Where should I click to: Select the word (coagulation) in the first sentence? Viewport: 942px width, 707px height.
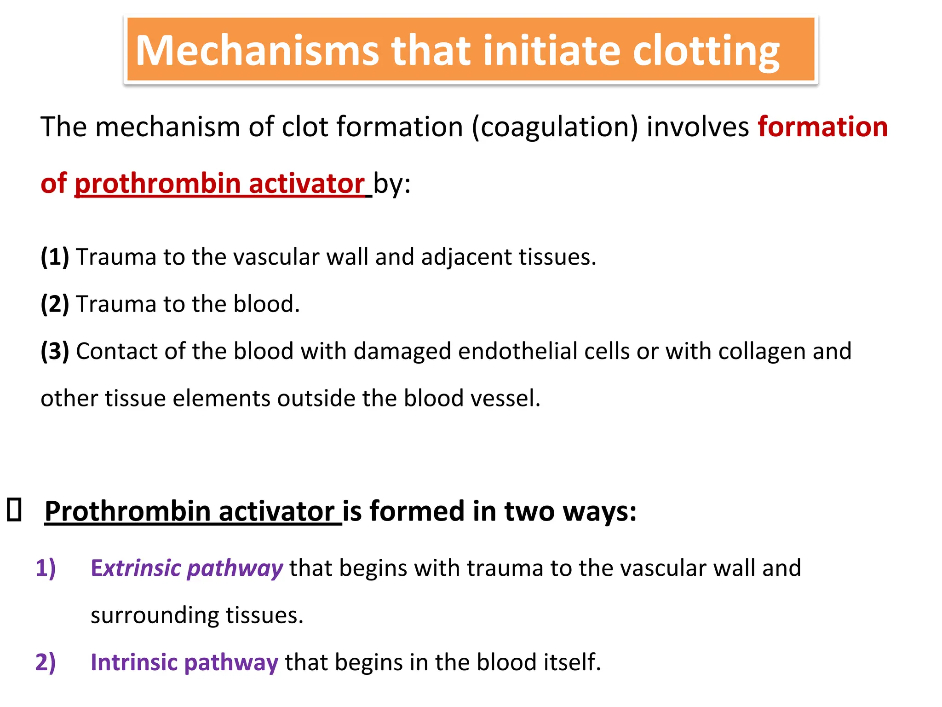[x=555, y=127]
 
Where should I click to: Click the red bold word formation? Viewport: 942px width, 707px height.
[x=822, y=127]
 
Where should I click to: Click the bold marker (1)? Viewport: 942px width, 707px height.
[x=55, y=257]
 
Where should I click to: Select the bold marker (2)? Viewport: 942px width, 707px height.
[x=55, y=304]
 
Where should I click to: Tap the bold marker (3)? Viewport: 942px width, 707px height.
[x=55, y=351]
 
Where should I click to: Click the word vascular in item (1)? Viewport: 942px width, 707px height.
[x=276, y=257]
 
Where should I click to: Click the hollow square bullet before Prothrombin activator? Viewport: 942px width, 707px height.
[x=14, y=510]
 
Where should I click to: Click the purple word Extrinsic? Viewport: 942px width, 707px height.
[x=136, y=568]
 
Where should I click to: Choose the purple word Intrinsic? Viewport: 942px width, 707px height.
[x=133, y=662]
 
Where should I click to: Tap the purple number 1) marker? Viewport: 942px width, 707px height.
[x=46, y=568]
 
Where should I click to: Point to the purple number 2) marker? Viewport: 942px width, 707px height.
[x=46, y=662]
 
